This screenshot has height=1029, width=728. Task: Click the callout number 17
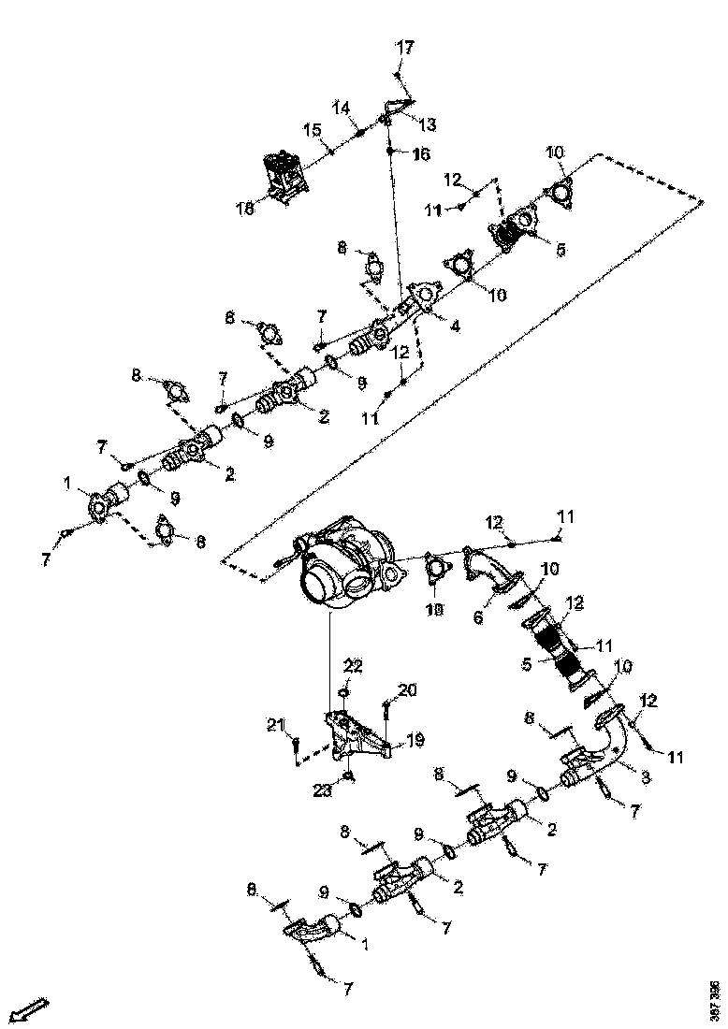[403, 47]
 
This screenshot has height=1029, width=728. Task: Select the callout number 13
[427, 124]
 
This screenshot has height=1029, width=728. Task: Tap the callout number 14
[343, 109]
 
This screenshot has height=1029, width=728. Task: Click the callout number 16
[420, 152]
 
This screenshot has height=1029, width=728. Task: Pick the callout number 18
[245, 210]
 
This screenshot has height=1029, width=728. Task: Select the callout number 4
[455, 326]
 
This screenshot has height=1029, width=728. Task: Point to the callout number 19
[415, 740]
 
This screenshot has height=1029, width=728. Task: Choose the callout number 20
[406, 689]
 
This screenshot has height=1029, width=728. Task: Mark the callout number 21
[274, 725]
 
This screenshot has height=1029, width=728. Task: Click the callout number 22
[352, 667]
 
